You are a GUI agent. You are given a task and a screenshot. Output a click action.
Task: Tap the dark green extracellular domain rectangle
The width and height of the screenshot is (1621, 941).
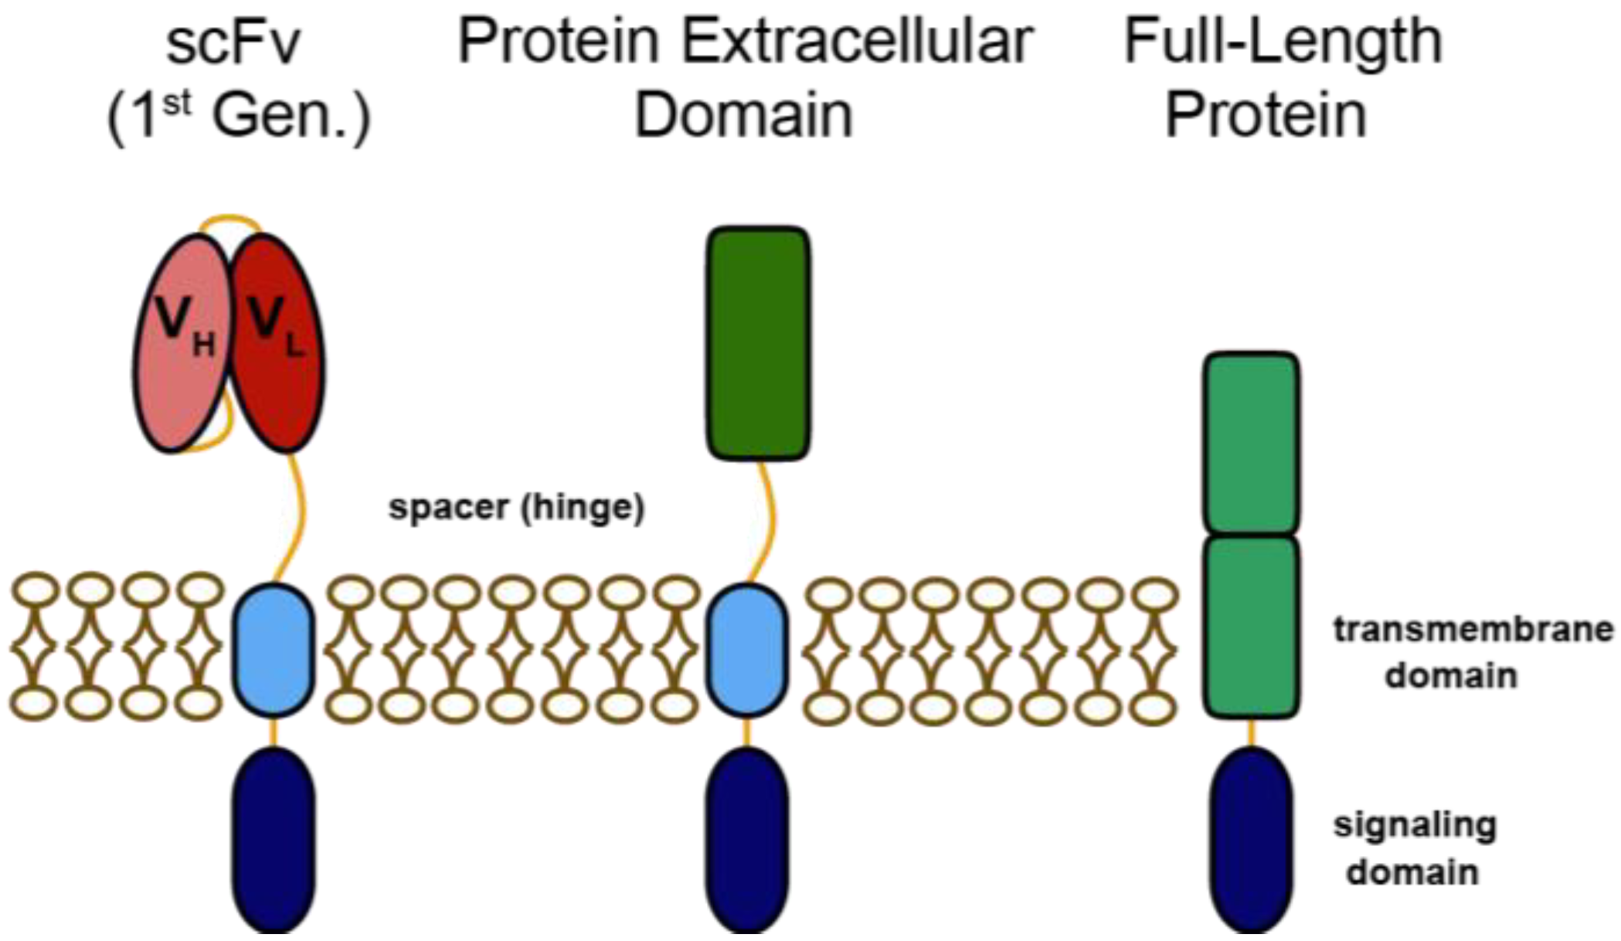758,344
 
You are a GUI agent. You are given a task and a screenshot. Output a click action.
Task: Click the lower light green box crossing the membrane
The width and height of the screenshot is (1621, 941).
1251,626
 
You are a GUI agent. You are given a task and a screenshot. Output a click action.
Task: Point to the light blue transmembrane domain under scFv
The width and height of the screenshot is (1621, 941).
274,650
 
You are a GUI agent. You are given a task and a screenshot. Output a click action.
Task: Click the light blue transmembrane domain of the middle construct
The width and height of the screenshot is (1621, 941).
746,650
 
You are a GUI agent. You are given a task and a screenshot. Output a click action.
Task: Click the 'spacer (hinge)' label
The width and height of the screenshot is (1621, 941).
516,508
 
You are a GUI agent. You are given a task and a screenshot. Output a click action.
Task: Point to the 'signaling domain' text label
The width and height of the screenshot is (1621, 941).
1414,848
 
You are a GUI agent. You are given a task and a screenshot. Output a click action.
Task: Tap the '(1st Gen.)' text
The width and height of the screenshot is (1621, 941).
239,116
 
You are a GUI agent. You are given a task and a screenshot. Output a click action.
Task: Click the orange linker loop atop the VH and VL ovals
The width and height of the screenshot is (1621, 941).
230,219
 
